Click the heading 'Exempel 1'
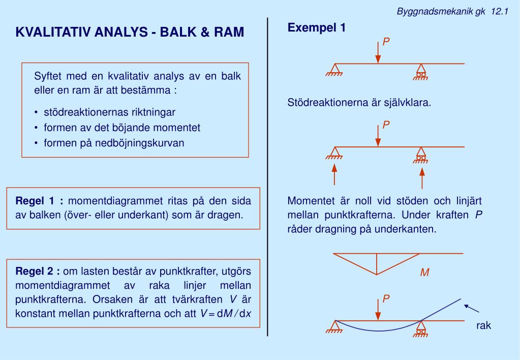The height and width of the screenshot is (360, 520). (x=317, y=28)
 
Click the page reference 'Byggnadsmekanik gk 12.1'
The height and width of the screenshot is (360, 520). (x=452, y=12)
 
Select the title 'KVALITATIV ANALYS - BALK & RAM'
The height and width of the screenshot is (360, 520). (x=130, y=33)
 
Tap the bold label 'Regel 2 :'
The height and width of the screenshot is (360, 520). (x=38, y=271)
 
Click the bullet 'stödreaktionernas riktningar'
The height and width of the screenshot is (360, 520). (x=109, y=112)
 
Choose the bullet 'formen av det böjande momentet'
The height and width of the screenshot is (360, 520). (x=122, y=128)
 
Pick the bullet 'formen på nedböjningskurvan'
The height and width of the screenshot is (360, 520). (x=114, y=143)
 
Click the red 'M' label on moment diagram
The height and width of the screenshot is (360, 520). (x=424, y=273)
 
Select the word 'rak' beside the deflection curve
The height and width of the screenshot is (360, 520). (x=483, y=326)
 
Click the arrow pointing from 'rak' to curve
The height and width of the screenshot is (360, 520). (x=472, y=308)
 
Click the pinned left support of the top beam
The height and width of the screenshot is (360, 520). (x=334, y=70)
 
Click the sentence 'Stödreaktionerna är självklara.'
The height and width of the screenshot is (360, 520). (x=359, y=103)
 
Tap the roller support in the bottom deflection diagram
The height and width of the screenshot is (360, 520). (x=421, y=328)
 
